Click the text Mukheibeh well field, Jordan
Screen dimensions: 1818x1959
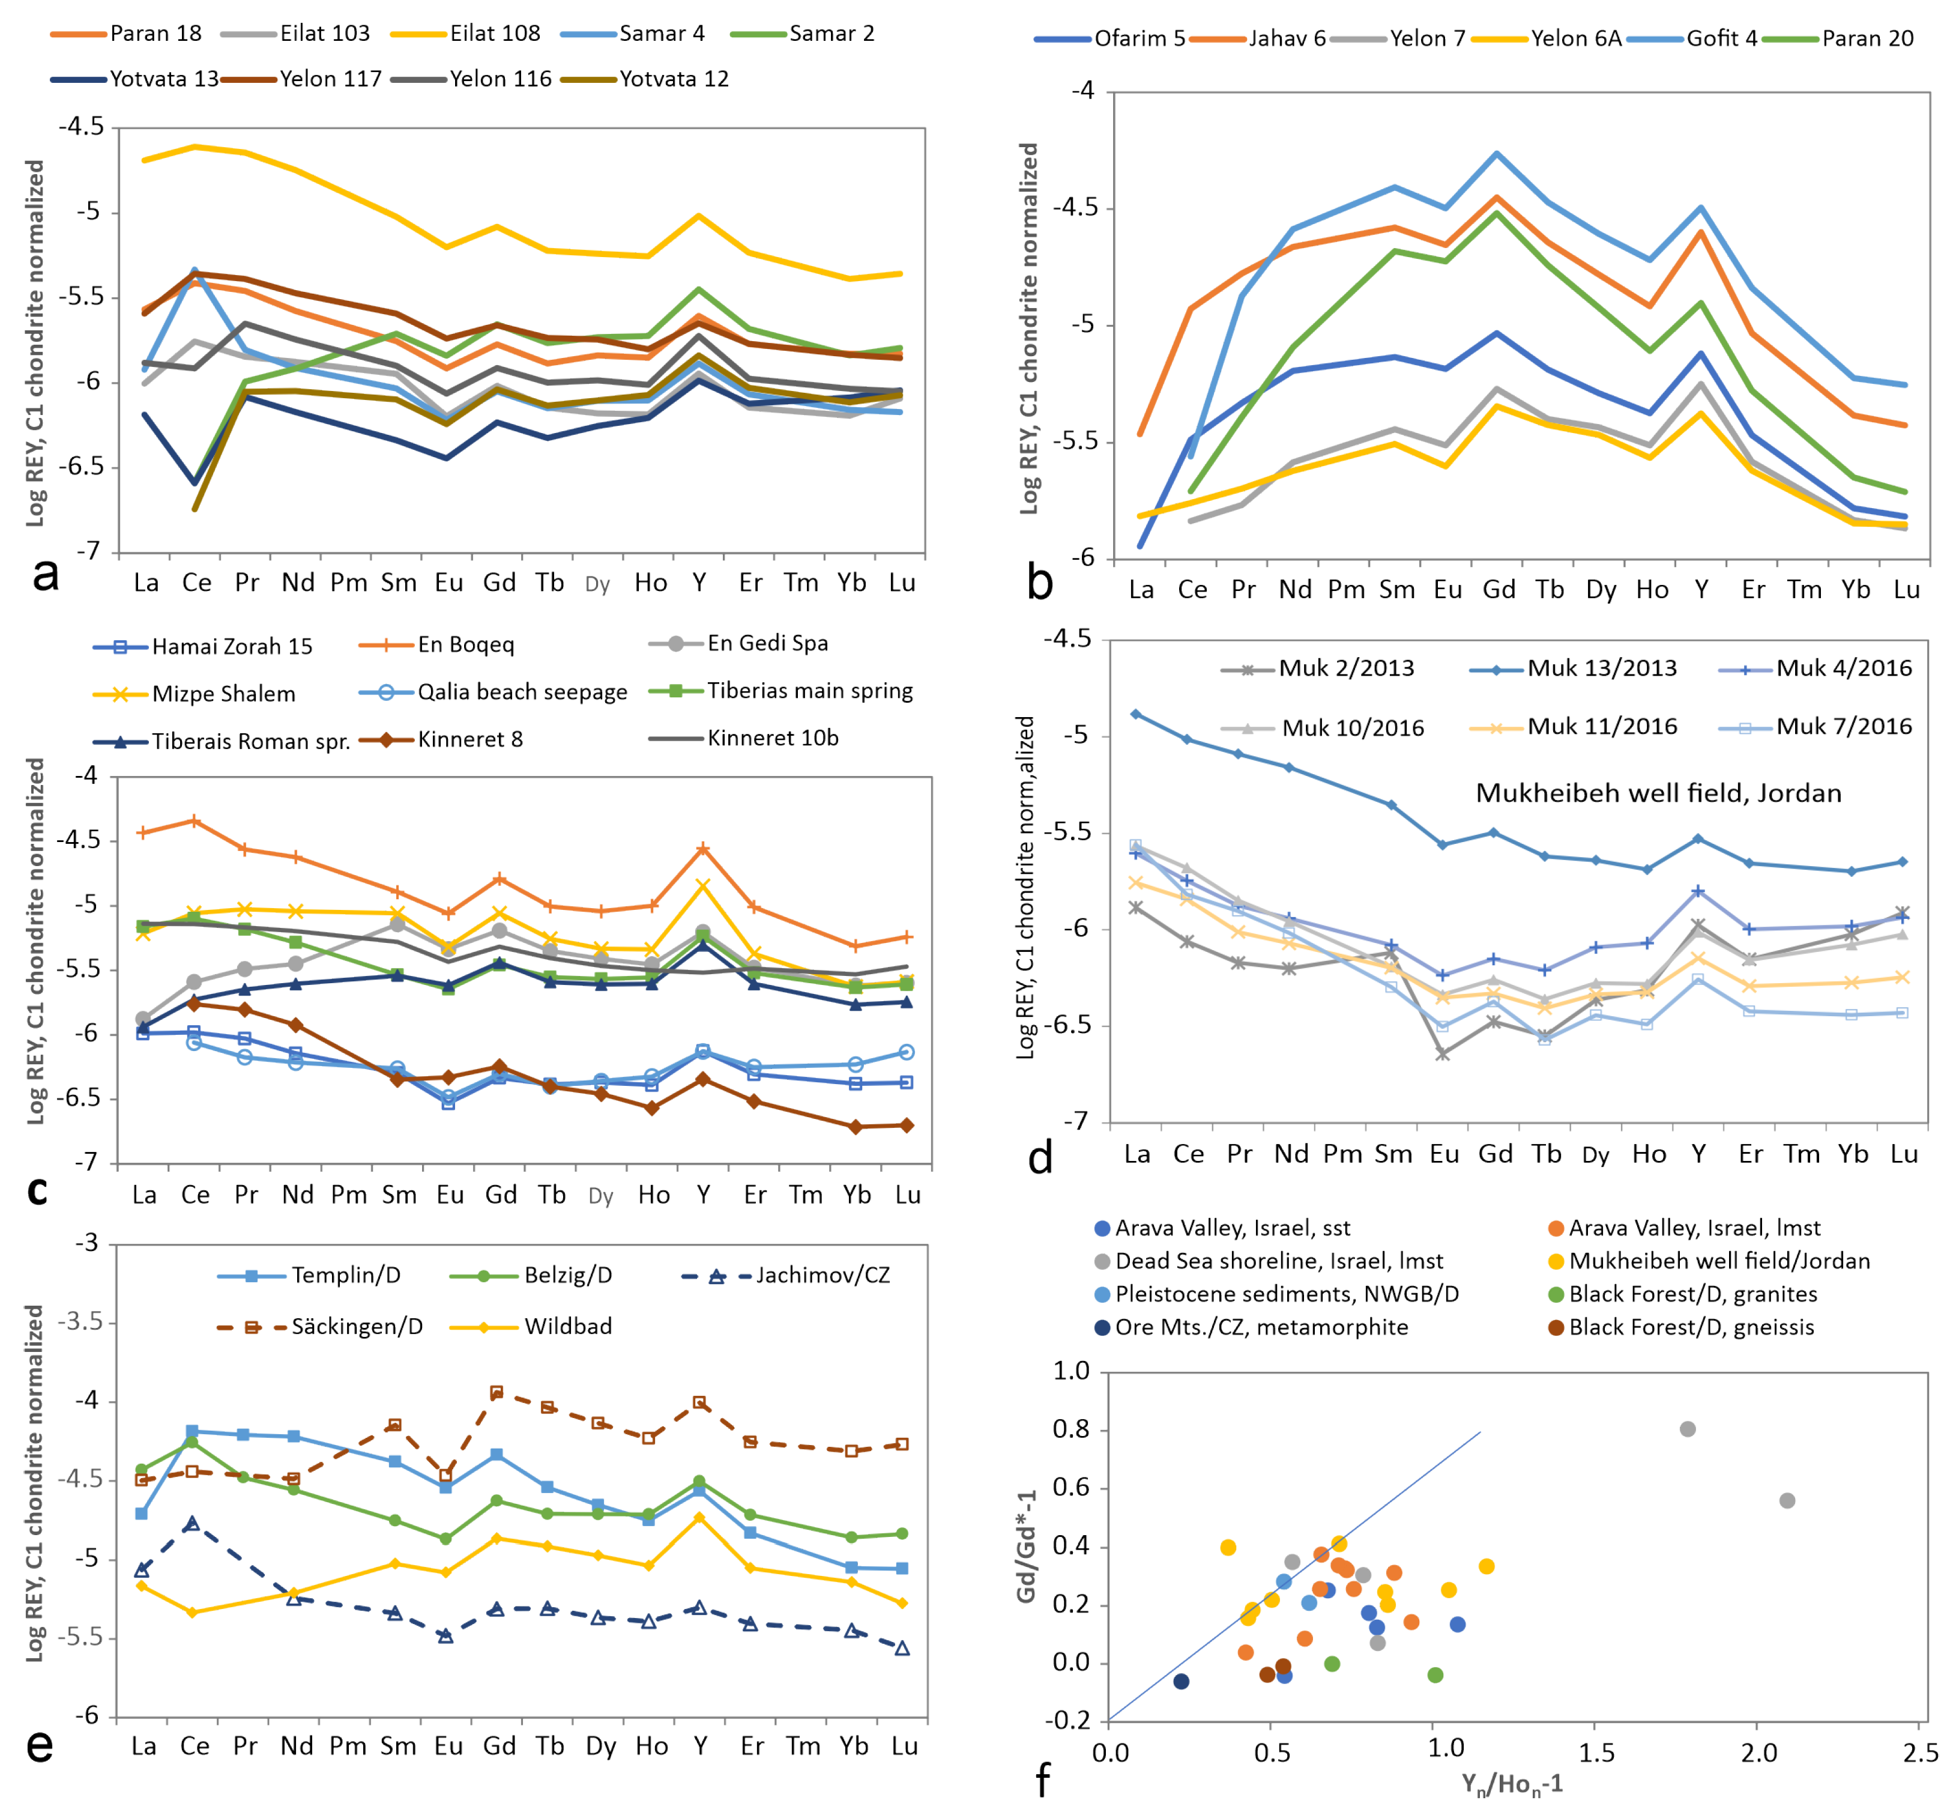[1658, 793]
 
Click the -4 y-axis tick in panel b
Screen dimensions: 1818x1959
[1082, 91]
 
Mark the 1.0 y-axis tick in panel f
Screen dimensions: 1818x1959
[1071, 1371]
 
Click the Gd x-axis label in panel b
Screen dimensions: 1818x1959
[1499, 590]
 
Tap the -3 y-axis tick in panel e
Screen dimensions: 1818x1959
[86, 1243]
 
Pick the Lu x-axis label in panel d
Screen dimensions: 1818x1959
[1904, 1154]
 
